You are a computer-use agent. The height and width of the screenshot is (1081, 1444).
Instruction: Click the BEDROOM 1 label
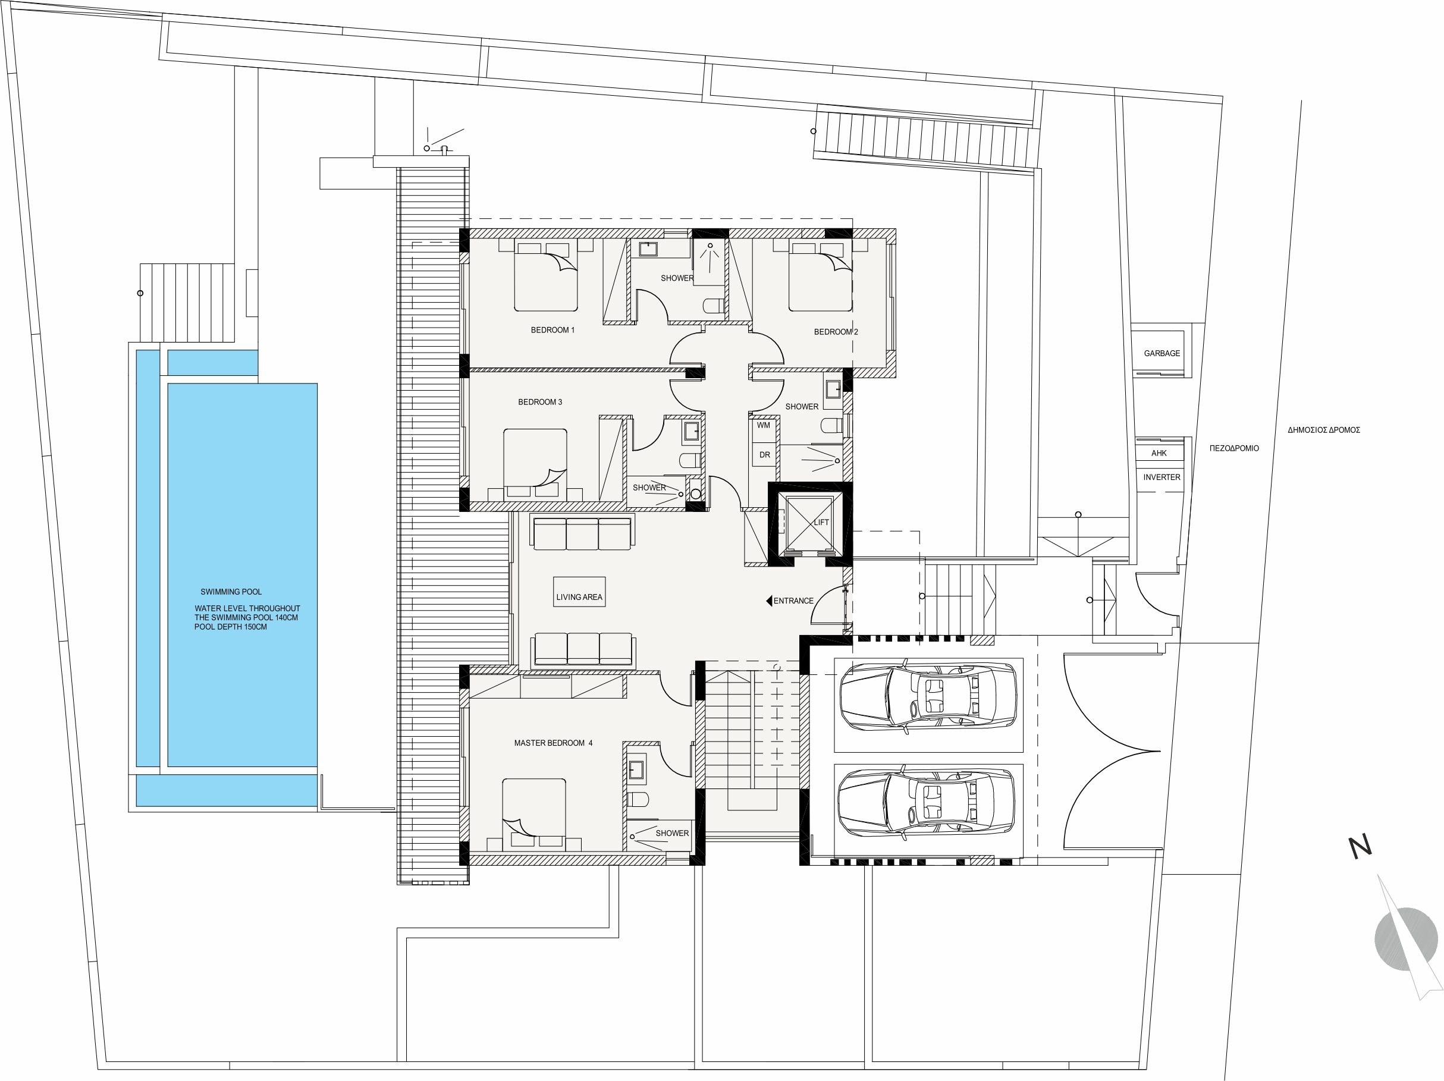coord(553,329)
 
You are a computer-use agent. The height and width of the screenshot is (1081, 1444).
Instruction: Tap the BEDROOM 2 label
coord(836,332)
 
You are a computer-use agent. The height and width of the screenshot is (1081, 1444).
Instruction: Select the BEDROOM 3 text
coord(540,402)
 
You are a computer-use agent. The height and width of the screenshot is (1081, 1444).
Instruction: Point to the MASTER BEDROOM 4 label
coord(553,743)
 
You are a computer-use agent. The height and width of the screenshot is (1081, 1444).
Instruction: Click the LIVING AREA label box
coord(579,593)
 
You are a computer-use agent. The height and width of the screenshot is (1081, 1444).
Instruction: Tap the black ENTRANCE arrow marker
coord(769,601)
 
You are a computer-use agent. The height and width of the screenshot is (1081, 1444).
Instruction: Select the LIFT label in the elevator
coord(821,522)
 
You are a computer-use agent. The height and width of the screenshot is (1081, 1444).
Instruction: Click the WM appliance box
coord(764,426)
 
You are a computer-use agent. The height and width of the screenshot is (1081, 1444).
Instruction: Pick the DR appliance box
coord(764,455)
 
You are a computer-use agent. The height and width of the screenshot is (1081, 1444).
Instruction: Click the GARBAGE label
coord(1162,353)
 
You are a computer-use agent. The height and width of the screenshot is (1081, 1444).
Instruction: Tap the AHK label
coord(1159,453)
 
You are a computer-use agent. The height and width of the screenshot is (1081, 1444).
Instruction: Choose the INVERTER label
coord(1162,477)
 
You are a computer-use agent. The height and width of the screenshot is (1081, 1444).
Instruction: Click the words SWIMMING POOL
coord(231,592)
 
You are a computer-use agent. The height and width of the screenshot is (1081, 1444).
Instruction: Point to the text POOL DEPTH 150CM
coord(230,627)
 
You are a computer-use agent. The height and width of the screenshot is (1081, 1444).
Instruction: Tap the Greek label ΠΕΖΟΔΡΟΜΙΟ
coord(1234,448)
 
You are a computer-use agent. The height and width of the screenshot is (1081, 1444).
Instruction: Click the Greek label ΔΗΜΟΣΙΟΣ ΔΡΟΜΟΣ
coord(1324,430)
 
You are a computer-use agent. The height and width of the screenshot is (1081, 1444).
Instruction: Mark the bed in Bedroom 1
coord(546,275)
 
